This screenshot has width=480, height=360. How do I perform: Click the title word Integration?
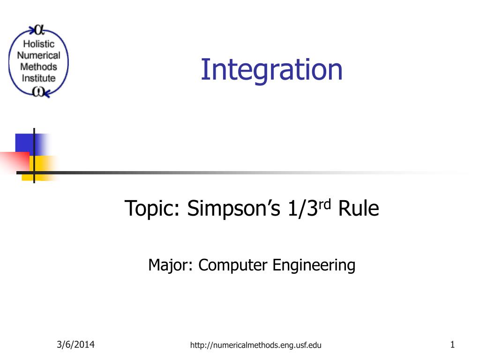(271, 70)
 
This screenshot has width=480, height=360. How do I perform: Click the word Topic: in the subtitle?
(152, 209)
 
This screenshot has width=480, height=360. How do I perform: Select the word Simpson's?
(233, 209)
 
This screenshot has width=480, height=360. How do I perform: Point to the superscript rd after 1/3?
(325, 204)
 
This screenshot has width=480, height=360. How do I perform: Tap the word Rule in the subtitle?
(359, 209)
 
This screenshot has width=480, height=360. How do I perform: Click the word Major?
(170, 265)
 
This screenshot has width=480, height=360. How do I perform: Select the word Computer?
(233, 265)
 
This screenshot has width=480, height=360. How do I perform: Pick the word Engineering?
(314, 265)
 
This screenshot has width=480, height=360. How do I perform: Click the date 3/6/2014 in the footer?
(75, 345)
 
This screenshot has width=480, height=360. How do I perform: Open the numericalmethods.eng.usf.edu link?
(255, 345)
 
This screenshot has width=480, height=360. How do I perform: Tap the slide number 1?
(452, 345)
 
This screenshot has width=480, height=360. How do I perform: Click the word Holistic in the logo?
(39, 44)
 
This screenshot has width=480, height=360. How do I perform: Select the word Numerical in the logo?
(38, 55)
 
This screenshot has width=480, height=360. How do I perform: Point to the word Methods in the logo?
(38, 67)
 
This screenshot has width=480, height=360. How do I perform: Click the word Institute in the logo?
(38, 78)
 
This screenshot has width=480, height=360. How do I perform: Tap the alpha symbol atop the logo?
(39, 30)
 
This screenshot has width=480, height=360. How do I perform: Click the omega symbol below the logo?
(38, 91)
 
